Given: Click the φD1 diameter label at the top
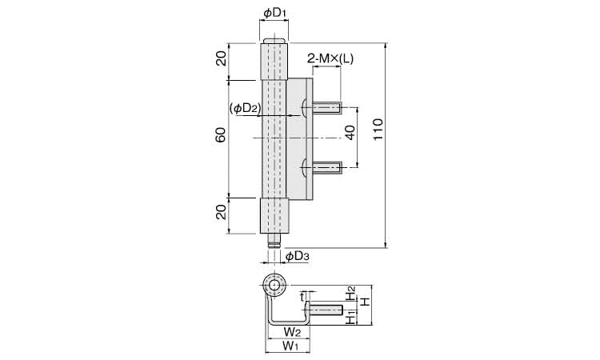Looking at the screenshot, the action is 274,13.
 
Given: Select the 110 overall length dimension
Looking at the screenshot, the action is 378,130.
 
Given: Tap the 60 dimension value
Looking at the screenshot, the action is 221,135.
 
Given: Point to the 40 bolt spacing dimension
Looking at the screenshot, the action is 350,132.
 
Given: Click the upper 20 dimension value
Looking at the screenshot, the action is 221,58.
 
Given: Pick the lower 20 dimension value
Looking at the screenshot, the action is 221,211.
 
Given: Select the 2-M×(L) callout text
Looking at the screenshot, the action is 330,58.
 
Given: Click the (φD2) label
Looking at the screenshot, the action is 246,109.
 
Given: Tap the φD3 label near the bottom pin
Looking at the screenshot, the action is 297,256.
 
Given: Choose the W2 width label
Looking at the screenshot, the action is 291,330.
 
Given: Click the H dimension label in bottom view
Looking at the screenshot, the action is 366,302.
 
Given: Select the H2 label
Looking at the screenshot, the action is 350,294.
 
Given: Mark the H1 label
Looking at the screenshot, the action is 350,317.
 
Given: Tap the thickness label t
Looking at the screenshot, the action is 302,297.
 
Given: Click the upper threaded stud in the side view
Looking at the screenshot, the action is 327,108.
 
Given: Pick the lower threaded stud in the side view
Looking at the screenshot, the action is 327,167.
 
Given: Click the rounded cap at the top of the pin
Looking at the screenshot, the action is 274,41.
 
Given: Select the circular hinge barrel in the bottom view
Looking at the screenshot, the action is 274,286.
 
